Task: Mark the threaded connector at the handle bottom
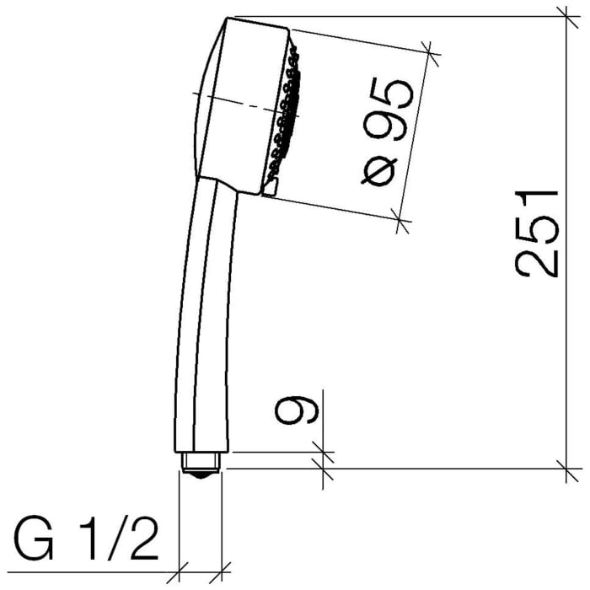(202, 463)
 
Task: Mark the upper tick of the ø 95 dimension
(432, 51)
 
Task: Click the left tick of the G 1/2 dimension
(180, 570)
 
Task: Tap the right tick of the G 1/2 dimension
(222, 570)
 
